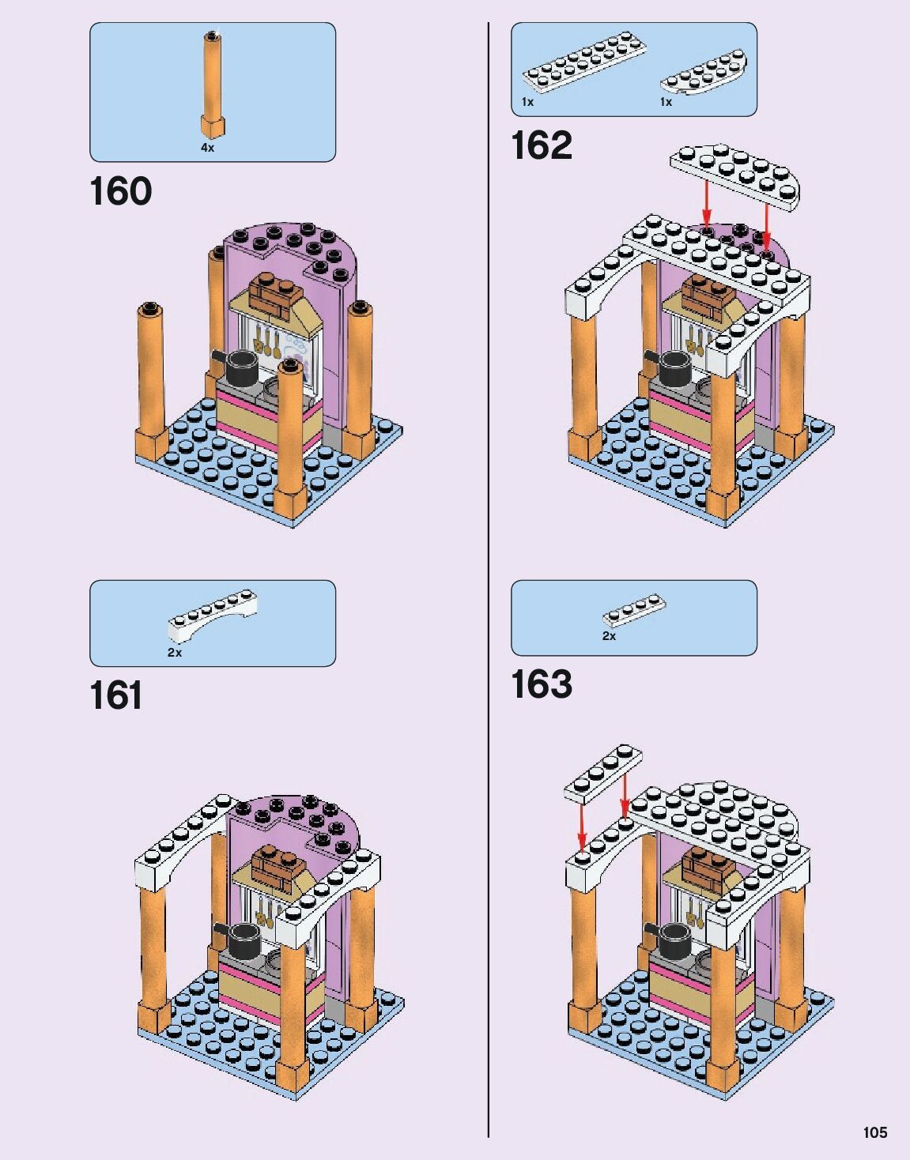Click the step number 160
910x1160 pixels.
click(x=120, y=192)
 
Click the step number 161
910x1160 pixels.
click(x=116, y=695)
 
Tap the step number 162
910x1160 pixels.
click(x=542, y=145)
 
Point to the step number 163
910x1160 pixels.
click(x=542, y=684)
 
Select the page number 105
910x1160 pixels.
click(x=874, y=1132)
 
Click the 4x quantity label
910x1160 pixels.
click(x=207, y=148)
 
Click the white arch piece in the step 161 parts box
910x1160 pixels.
click(x=212, y=615)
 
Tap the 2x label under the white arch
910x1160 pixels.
click(x=175, y=653)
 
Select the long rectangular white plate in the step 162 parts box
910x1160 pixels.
click(x=583, y=59)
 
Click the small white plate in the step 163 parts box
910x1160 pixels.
click(x=634, y=609)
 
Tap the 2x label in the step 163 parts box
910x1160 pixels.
click(x=609, y=636)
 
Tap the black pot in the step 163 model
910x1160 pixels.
click(x=674, y=939)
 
